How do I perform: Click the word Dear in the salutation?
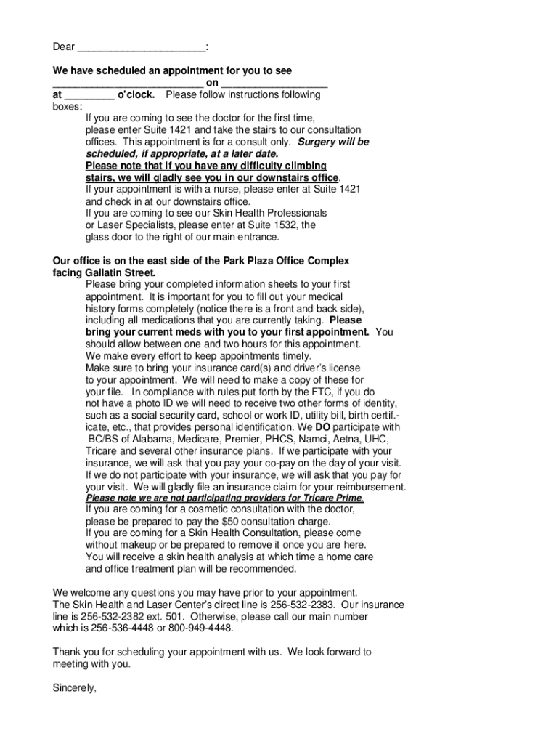pyautogui.click(x=63, y=47)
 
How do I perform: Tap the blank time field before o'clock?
pyautogui.click(x=89, y=96)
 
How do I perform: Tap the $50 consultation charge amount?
pyautogui.click(x=232, y=521)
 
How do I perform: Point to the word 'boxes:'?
pyautogui.click(x=68, y=106)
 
